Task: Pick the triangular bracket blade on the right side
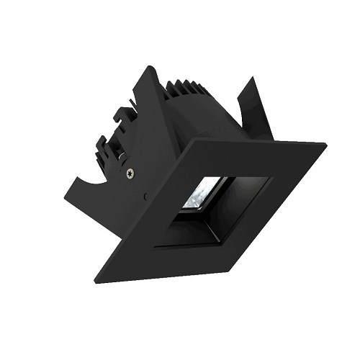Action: tap(261, 108)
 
